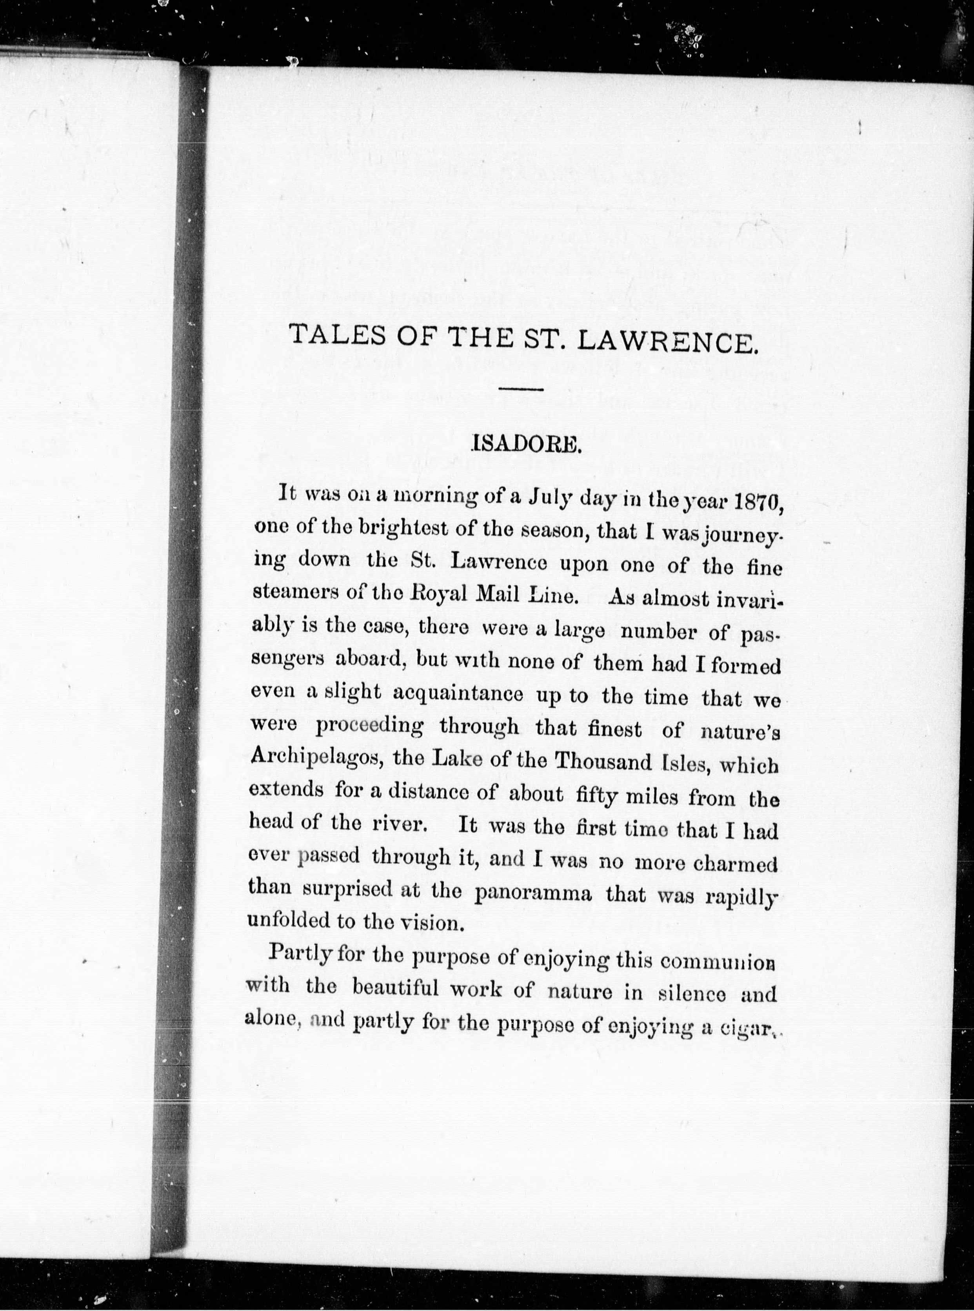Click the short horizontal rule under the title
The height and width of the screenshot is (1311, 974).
(x=521, y=389)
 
